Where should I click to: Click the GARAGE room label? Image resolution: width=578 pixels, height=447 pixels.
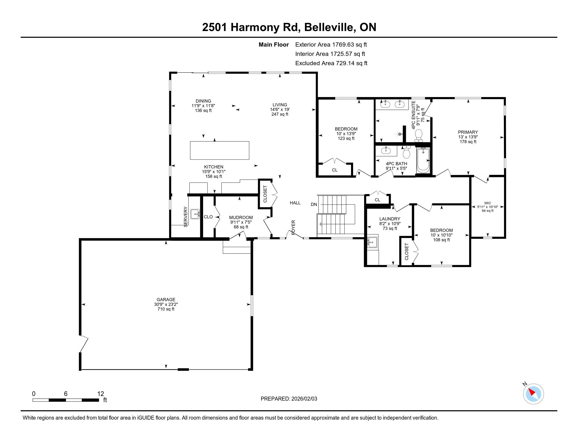(x=166, y=300)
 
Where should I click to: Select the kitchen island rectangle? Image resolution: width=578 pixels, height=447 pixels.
(x=219, y=150)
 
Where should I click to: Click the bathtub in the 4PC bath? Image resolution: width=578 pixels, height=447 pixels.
(x=423, y=160)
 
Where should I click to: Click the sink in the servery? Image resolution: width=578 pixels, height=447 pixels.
(x=195, y=214)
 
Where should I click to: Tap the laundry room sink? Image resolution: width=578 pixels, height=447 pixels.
(x=373, y=242)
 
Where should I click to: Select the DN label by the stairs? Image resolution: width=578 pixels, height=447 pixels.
(x=314, y=204)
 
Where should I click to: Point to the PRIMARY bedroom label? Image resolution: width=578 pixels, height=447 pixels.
(x=468, y=132)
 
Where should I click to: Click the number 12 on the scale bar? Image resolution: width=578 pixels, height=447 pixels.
(x=101, y=394)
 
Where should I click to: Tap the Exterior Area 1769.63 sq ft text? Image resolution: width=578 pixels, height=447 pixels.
(x=331, y=45)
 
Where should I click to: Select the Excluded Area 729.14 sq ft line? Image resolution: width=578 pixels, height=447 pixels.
(x=331, y=63)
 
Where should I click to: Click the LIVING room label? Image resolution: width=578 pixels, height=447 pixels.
(x=280, y=105)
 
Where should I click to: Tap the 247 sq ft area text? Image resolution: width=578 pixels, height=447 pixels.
(x=280, y=114)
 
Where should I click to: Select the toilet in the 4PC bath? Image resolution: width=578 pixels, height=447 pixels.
(x=406, y=152)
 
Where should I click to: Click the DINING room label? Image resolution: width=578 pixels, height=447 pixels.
(x=203, y=101)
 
